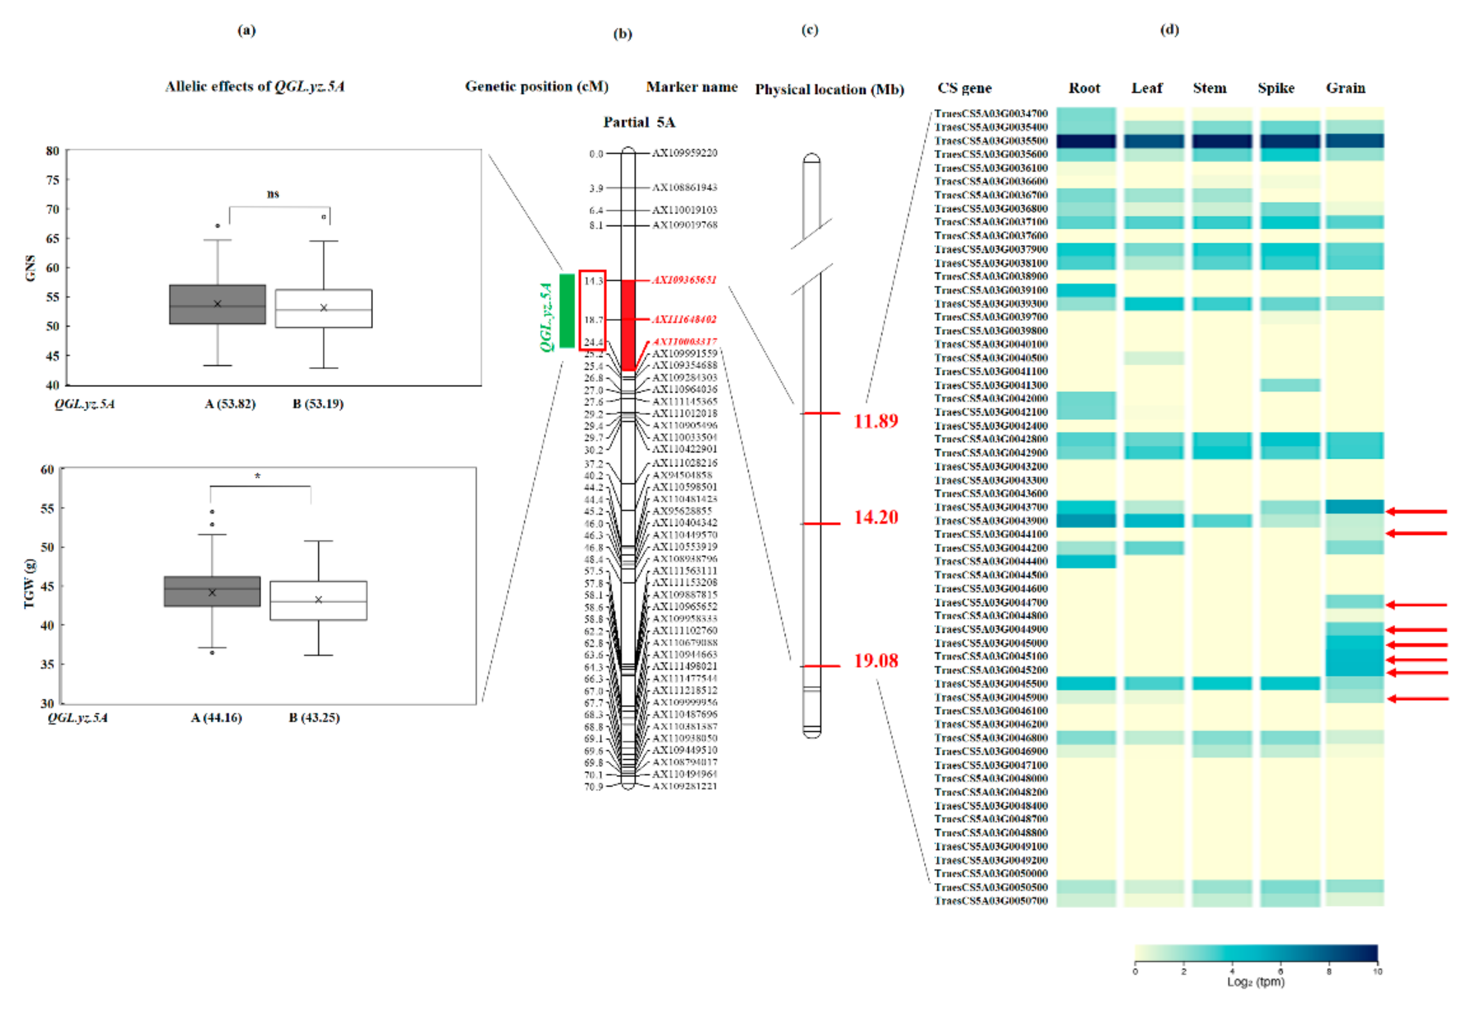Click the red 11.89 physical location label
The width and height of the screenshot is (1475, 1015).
(875, 420)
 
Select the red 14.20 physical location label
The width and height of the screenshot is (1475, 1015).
(875, 517)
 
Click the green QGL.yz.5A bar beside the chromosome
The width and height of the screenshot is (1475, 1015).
(566, 310)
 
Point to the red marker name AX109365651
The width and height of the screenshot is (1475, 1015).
(685, 280)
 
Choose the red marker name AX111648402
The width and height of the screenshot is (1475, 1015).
(685, 319)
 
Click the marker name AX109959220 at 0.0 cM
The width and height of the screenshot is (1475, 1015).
(685, 153)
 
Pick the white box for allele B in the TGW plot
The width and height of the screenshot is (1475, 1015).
(318, 600)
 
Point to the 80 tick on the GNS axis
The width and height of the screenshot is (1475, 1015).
(52, 151)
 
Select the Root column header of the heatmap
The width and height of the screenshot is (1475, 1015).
(1084, 88)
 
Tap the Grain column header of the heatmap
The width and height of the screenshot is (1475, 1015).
(1345, 88)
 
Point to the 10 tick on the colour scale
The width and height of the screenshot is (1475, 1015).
(1377, 971)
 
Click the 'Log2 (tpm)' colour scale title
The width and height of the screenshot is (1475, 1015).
(1256, 982)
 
